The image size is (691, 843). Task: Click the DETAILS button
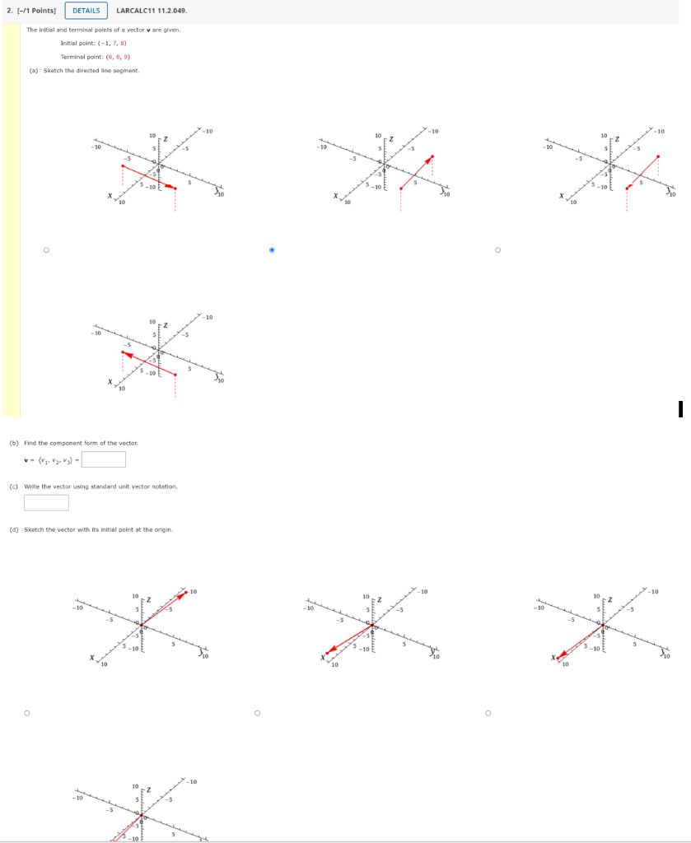click(x=86, y=11)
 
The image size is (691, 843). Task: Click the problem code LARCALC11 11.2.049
click(x=152, y=11)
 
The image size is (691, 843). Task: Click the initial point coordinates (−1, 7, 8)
click(x=112, y=43)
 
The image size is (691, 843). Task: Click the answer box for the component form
click(x=103, y=459)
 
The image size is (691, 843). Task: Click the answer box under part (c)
click(x=46, y=502)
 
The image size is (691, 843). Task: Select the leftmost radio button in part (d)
click(x=27, y=713)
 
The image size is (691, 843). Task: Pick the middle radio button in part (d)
click(x=257, y=713)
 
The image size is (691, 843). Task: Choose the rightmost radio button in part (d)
click(x=488, y=713)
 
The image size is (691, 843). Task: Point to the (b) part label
click(x=13, y=443)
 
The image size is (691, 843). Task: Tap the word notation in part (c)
click(x=164, y=487)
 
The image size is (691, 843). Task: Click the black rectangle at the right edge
click(x=680, y=409)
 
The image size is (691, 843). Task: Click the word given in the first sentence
click(x=169, y=30)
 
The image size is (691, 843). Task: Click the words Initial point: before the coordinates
click(x=77, y=43)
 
